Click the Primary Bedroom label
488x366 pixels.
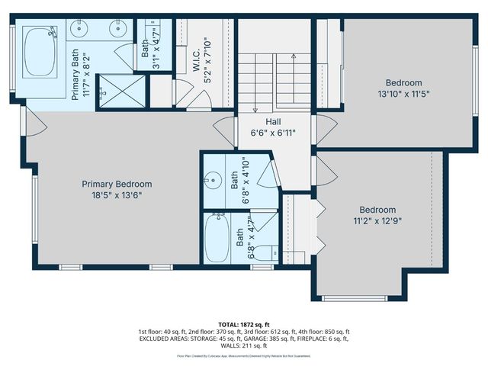tap(117, 184)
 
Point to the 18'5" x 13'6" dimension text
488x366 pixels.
tap(117, 194)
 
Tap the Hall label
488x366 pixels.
tap(274, 122)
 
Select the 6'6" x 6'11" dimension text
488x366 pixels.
tap(274, 133)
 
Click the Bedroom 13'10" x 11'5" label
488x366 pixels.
tap(403, 82)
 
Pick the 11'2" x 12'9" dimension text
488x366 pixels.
tap(378, 220)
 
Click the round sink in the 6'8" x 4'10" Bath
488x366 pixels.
tap(210, 181)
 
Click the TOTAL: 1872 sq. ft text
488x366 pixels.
tap(244, 323)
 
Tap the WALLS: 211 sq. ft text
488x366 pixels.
tap(244, 346)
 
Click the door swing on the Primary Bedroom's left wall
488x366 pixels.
tap(29, 123)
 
